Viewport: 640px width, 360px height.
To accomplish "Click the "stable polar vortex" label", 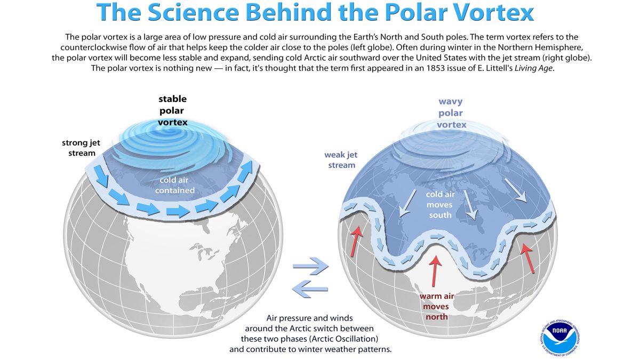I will click(172, 111).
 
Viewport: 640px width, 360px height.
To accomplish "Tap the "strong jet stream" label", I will click(81, 148).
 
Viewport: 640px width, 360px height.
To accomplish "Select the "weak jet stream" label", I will click(341, 160).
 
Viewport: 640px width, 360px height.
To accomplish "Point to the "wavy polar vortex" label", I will click(451, 113).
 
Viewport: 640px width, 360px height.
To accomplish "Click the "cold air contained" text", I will click(174, 186).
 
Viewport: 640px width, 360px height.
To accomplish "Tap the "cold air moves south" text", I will click(439, 205).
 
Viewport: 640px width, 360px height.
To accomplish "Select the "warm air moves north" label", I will click(436, 307).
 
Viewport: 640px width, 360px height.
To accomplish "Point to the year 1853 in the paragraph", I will click(414, 68).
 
